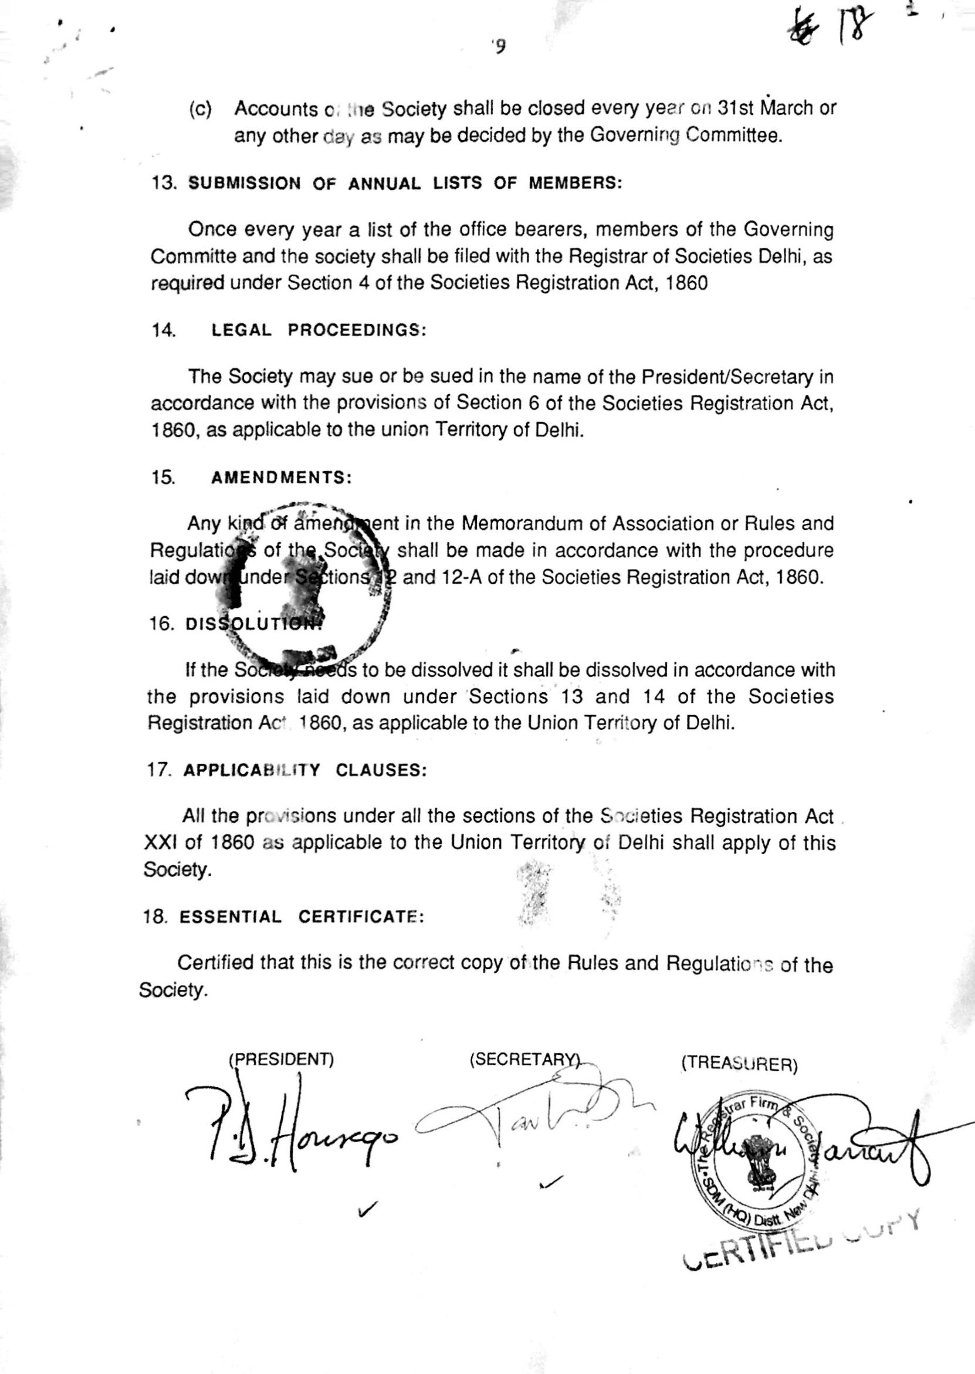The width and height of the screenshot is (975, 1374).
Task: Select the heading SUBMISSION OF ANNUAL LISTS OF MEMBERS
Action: [x=405, y=183]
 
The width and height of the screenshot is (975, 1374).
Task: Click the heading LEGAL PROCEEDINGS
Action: [x=318, y=330]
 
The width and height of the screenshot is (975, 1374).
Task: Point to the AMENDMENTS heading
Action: [x=281, y=478]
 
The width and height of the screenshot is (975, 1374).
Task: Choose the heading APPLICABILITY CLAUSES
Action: [x=304, y=771]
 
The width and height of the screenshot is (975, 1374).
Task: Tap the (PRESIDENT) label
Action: [x=281, y=1059]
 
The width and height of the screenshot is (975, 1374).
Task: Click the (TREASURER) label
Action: [x=739, y=1064]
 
